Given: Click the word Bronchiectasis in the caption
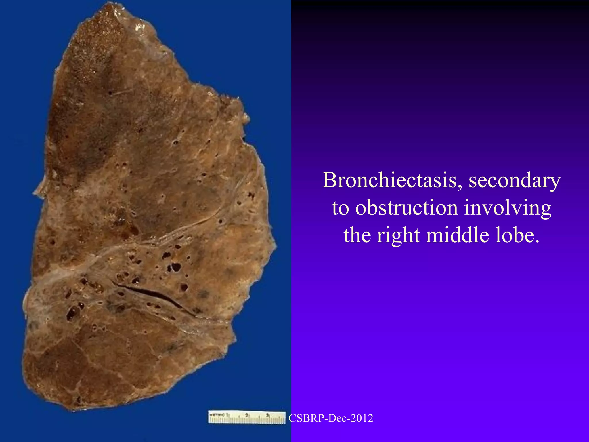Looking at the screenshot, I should pos(390,180).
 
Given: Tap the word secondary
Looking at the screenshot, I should pos(515,181).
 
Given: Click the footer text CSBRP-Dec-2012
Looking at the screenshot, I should pos(331,418).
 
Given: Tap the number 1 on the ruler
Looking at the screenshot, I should pos(227,415).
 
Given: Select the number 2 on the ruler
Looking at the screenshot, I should pos(247,415).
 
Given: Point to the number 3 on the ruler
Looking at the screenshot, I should pos(267,415).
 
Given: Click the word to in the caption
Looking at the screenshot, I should pos(341,208).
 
